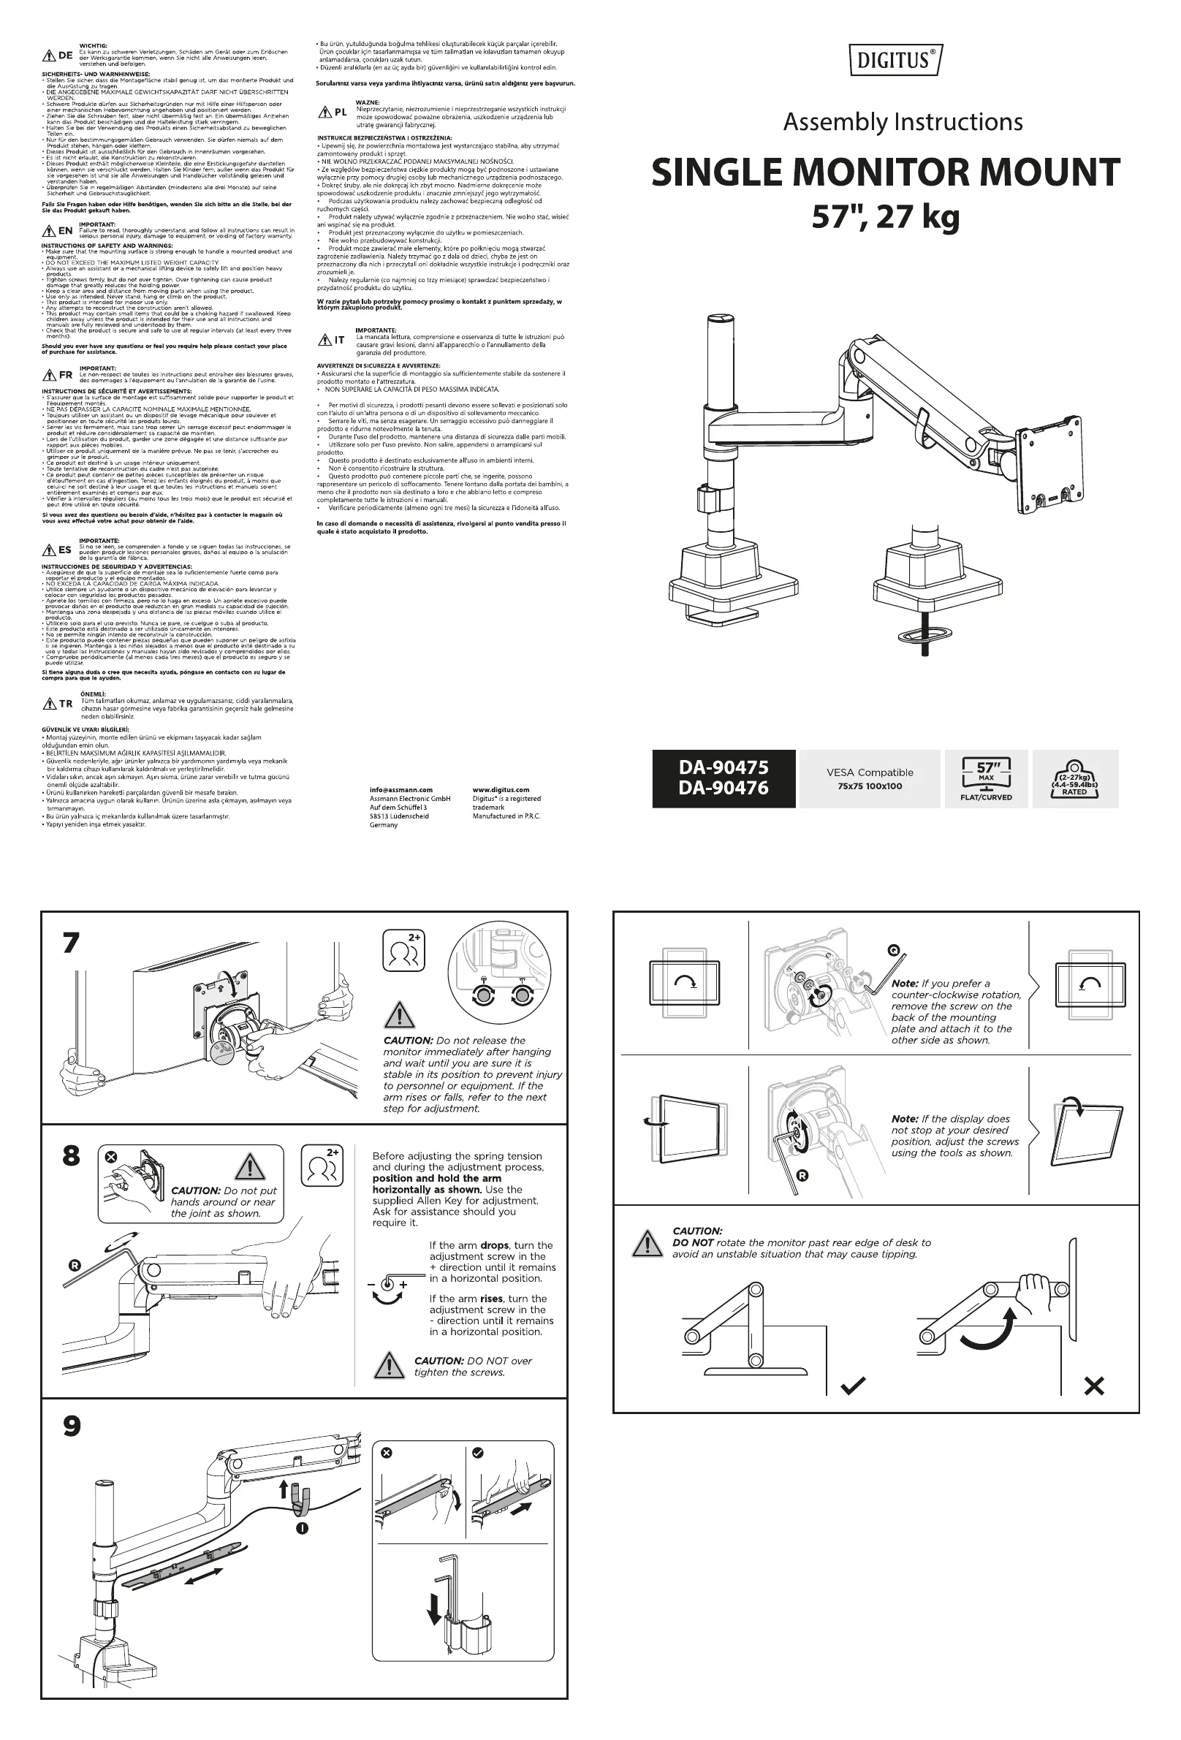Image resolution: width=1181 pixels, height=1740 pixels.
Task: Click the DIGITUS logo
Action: click(896, 60)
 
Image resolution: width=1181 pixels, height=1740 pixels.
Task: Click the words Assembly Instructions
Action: click(903, 122)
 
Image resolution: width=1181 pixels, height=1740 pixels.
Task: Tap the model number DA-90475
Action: click(723, 767)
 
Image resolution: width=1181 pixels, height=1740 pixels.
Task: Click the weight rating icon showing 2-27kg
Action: click(1074, 779)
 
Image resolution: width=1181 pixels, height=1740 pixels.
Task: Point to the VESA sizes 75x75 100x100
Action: click(870, 786)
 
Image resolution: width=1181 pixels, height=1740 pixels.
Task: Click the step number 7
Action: click(70, 943)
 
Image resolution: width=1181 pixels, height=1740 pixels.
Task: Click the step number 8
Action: click(70, 1156)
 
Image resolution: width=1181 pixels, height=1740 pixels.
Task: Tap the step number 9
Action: click(72, 1426)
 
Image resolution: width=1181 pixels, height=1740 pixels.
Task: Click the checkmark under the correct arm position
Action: click(852, 1386)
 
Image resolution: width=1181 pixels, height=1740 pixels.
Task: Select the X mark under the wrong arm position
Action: click(1093, 1386)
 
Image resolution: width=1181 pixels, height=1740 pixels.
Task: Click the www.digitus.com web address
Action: click(501, 790)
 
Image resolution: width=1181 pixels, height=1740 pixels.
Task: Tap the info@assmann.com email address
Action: click(400, 790)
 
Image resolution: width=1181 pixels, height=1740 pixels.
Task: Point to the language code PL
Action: click(341, 113)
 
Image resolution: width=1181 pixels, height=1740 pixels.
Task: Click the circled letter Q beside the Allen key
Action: click(894, 950)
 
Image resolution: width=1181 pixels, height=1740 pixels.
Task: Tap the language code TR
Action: click(66, 704)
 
